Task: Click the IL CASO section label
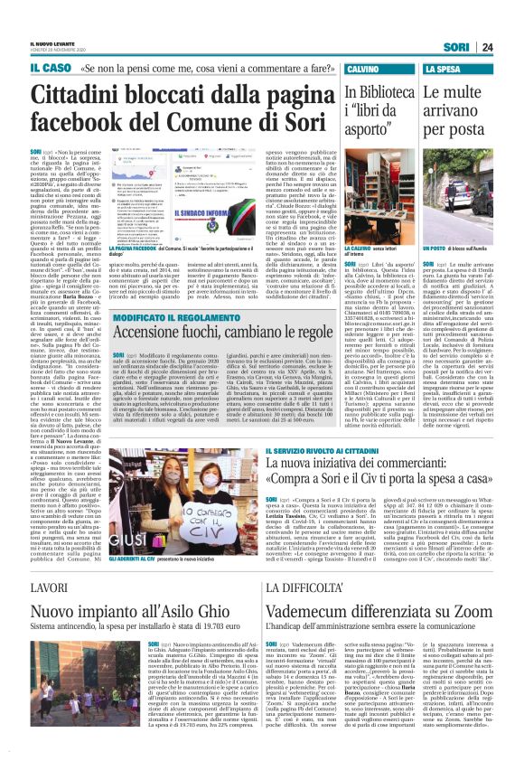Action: (x=51, y=69)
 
